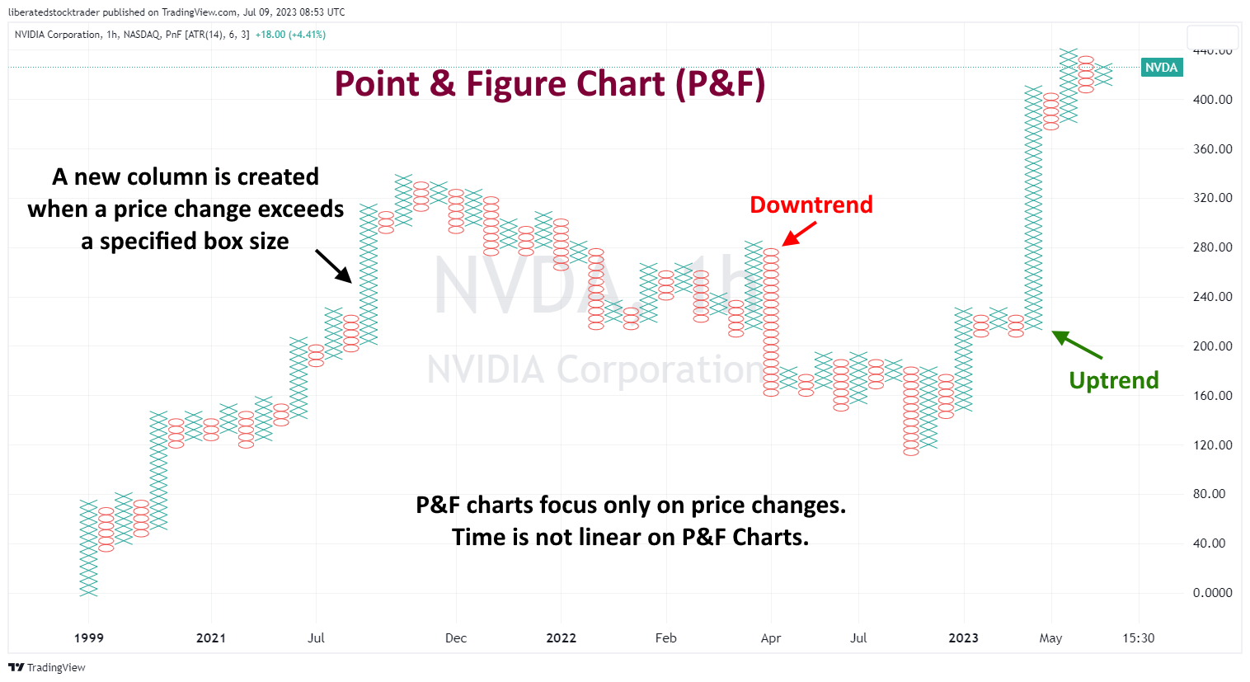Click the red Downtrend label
811,205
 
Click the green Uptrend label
1113,380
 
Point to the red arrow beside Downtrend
798,234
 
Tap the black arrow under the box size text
333,266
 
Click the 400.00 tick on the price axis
1212,100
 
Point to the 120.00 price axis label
1212,445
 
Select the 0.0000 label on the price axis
1212,593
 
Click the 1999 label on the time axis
89,638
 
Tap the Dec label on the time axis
456,638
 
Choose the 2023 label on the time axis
963,638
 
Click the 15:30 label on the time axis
1138,638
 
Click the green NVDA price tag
1161,68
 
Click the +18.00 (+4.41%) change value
290,35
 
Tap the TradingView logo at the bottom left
47,667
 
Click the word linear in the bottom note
612,538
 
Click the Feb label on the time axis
665,638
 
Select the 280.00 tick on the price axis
1212,247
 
